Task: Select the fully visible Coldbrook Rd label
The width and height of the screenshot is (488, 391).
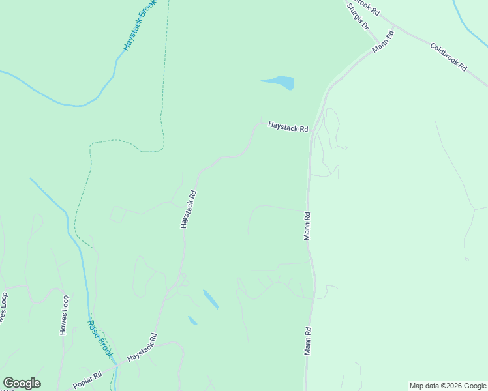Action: [449, 57]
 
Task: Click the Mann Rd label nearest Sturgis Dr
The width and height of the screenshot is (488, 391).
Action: [384, 41]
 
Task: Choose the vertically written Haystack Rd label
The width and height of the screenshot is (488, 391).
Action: [189, 209]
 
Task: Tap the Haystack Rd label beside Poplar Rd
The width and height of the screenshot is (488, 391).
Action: [142, 347]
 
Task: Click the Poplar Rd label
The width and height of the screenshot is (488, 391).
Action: [87, 381]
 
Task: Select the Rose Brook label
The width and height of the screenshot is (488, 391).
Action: [101, 340]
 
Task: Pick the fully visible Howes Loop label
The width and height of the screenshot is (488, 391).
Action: [64, 315]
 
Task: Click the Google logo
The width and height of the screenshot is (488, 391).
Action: [22, 383]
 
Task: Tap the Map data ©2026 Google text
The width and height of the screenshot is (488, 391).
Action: [447, 386]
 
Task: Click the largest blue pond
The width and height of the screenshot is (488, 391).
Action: [279, 83]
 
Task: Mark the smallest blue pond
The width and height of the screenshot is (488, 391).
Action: [192, 321]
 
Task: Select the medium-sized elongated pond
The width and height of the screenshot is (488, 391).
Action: [210, 299]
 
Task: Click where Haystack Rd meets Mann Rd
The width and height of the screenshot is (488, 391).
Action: [312, 130]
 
